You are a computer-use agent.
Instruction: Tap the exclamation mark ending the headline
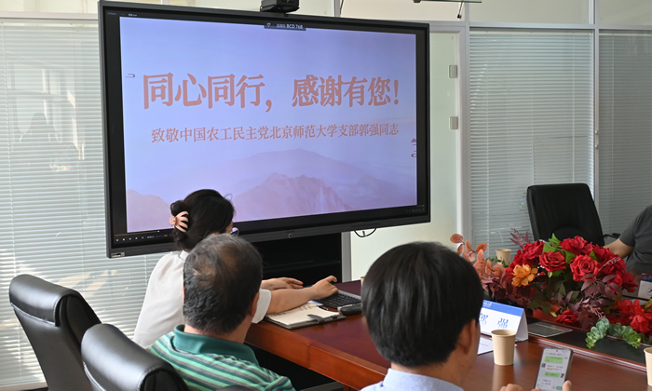tap(396, 92)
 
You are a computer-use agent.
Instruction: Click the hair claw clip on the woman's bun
tap(181, 221)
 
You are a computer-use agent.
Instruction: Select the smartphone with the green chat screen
tap(553, 368)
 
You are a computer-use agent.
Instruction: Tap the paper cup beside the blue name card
tap(503, 346)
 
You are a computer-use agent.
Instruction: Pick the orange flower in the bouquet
tap(523, 275)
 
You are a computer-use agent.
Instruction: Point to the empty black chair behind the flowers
tap(564, 212)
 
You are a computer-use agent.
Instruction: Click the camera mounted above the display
tap(279, 6)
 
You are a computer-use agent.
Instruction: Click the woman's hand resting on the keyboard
tap(323, 288)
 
